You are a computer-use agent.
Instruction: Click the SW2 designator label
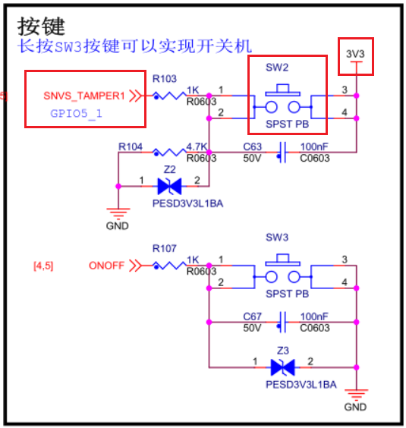point(277,67)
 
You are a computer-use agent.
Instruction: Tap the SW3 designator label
point(277,238)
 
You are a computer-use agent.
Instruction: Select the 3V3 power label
point(355,54)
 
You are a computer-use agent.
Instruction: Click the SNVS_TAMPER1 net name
point(84,96)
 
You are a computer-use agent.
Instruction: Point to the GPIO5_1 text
point(76,114)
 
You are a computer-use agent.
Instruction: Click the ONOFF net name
point(107,266)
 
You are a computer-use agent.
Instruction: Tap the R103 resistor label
point(165,79)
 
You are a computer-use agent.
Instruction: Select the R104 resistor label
point(131,146)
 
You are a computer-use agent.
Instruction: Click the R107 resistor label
point(165,248)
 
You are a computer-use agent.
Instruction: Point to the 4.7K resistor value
point(197,146)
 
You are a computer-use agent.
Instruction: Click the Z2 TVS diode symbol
point(169,186)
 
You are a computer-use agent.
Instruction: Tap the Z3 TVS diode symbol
point(282,367)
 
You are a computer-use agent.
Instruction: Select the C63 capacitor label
point(252,146)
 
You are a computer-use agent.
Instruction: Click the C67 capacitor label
point(252,316)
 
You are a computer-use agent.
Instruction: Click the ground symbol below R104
point(118,213)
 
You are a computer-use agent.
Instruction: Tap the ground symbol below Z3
point(357,395)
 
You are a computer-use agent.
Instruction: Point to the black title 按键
point(41,27)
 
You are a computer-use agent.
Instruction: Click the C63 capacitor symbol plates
point(282,153)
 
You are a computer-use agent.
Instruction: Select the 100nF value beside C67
point(314,316)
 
